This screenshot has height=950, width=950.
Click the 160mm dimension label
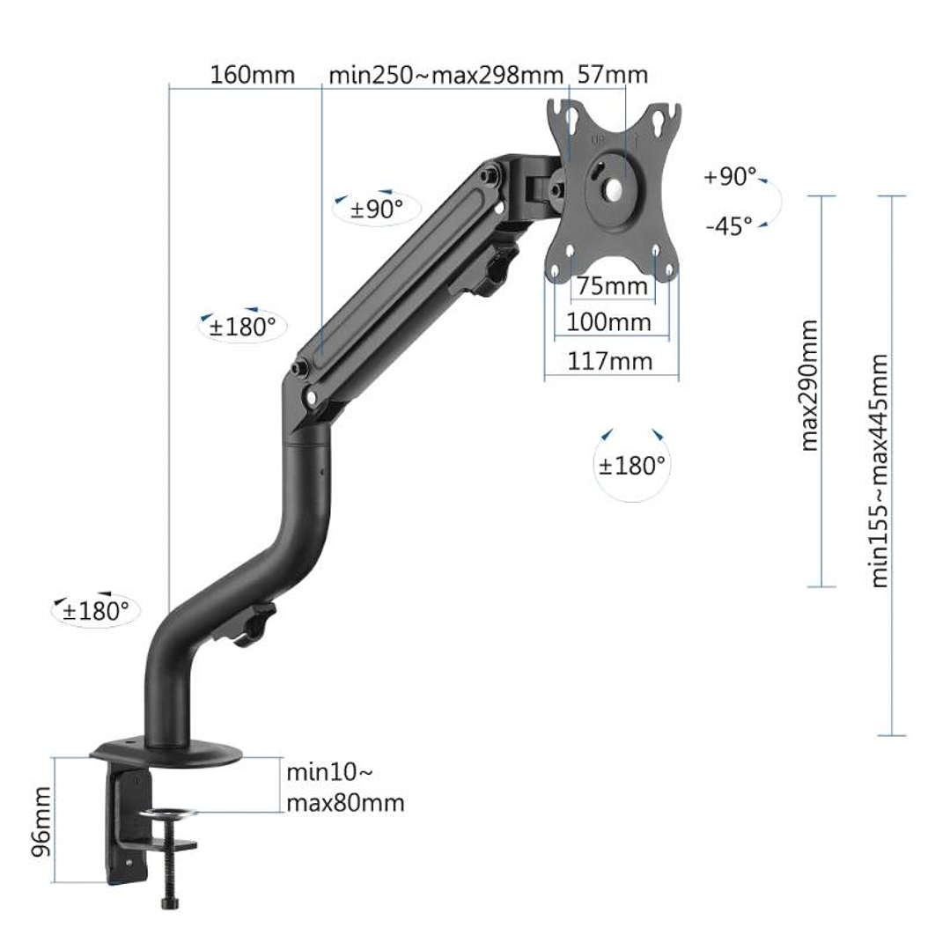click(252, 75)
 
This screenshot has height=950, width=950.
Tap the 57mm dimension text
click(612, 75)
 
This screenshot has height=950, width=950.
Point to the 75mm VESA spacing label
click(612, 287)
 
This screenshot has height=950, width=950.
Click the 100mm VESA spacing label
click(609, 322)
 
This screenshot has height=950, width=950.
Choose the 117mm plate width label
click(610, 361)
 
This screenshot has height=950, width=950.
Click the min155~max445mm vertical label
click(880, 470)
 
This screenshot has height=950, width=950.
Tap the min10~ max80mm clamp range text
click(344, 788)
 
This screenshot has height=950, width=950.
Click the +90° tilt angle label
click(730, 177)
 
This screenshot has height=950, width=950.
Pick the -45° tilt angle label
click(729, 225)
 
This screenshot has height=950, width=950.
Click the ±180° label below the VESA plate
click(632, 466)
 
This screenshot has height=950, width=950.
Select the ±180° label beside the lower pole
click(96, 610)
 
